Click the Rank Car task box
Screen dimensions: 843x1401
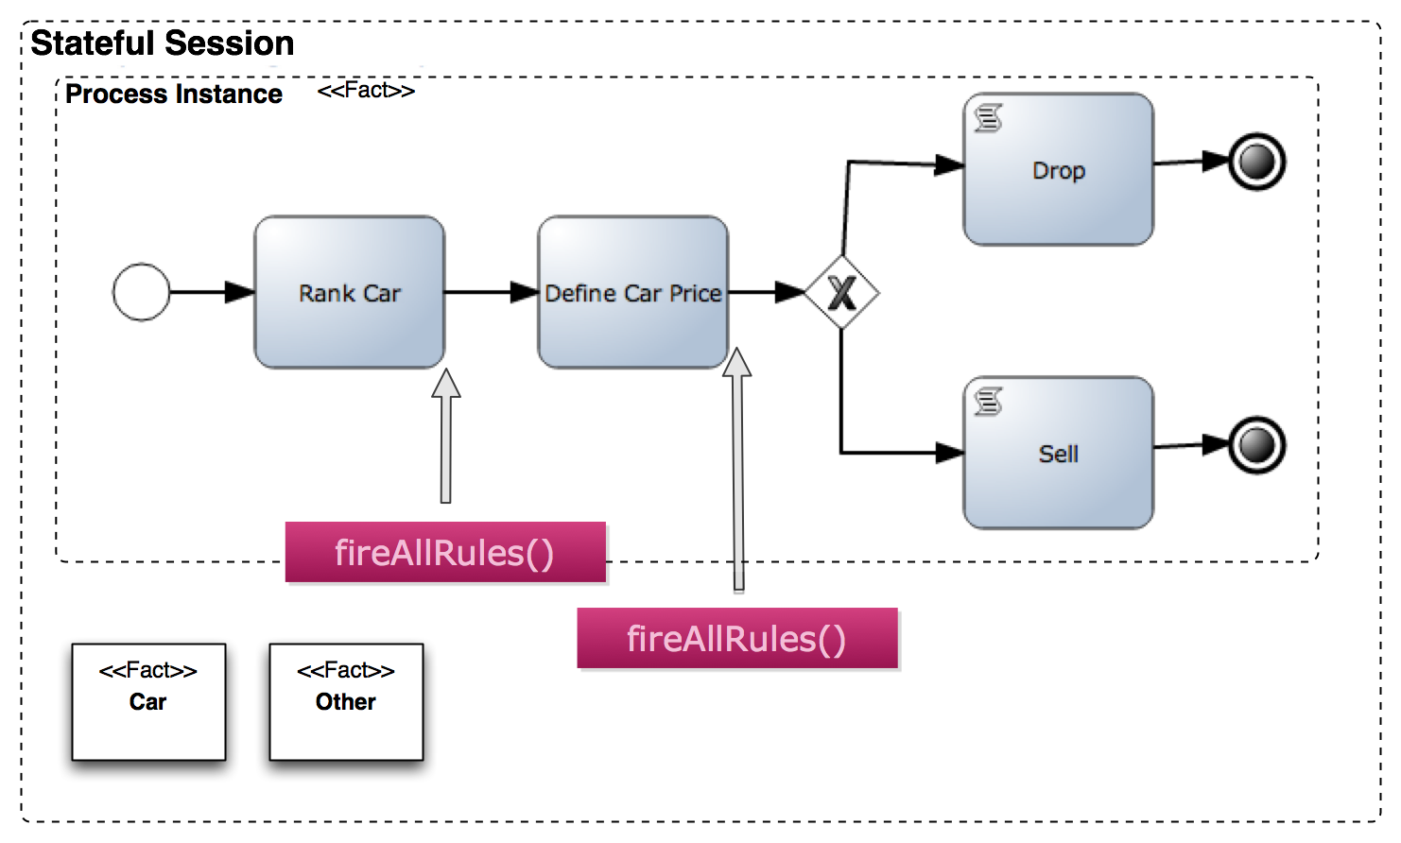[x=349, y=292]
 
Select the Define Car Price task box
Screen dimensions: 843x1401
[x=632, y=292]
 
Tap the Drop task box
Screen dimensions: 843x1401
[x=1058, y=170]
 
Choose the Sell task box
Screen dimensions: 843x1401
[x=1058, y=453]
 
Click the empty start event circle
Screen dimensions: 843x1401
[x=141, y=292]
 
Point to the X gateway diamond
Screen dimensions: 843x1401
[x=841, y=292]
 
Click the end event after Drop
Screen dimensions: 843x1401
[x=1256, y=162]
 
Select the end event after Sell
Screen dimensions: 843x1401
[x=1256, y=445]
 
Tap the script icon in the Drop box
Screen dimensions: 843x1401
[x=988, y=118]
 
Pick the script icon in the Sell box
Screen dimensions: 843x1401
[x=988, y=402]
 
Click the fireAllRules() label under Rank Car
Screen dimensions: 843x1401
[x=445, y=553]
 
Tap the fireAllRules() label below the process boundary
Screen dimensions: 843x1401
[x=737, y=639]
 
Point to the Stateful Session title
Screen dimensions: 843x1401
[x=163, y=43]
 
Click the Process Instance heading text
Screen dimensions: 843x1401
[x=174, y=95]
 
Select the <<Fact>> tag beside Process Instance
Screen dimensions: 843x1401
[x=366, y=91]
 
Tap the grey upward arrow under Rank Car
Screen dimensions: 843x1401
[x=445, y=435]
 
